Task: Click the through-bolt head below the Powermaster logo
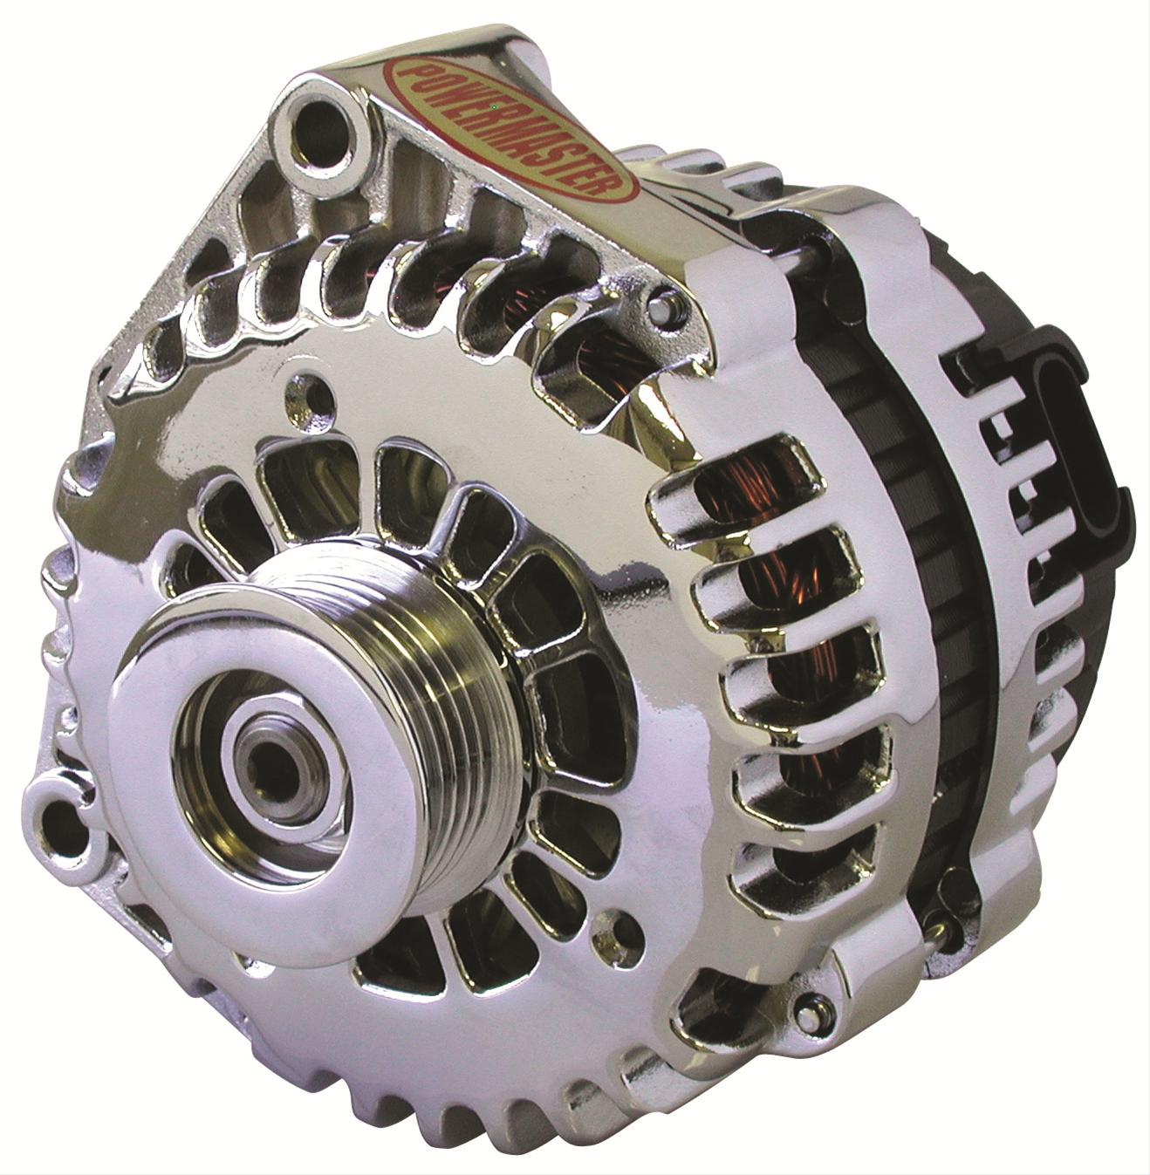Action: point(665,305)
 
